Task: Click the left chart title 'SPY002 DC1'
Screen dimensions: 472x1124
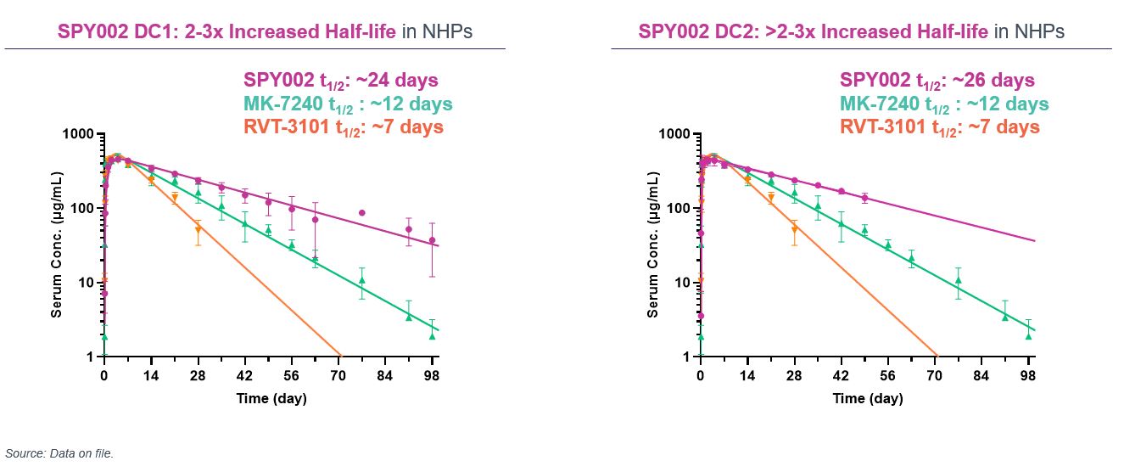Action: pyautogui.click(x=126, y=32)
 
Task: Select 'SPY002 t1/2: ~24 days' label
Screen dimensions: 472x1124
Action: pyautogui.click(x=341, y=81)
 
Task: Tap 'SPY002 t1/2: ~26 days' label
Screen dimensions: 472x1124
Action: pyautogui.click(x=937, y=81)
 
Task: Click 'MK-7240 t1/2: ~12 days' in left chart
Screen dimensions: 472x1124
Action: pyautogui.click(x=348, y=104)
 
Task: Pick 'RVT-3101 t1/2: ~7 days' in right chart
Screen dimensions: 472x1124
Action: pyautogui.click(x=940, y=127)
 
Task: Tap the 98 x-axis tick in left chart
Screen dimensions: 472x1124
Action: pyautogui.click(x=432, y=374)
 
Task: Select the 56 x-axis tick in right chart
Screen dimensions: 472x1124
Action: pyautogui.click(x=887, y=374)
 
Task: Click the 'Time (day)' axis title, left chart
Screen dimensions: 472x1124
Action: pyautogui.click(x=271, y=398)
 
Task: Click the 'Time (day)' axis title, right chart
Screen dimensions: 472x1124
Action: pyautogui.click(x=868, y=398)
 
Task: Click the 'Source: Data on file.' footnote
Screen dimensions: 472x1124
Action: pyautogui.click(x=59, y=453)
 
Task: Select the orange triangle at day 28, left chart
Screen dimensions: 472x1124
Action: pyautogui.click(x=198, y=230)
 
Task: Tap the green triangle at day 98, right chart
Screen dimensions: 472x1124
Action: pyautogui.click(x=1028, y=335)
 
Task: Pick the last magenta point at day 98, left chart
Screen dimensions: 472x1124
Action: pyautogui.click(x=432, y=240)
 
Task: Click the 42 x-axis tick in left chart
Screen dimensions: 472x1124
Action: pyautogui.click(x=244, y=374)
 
